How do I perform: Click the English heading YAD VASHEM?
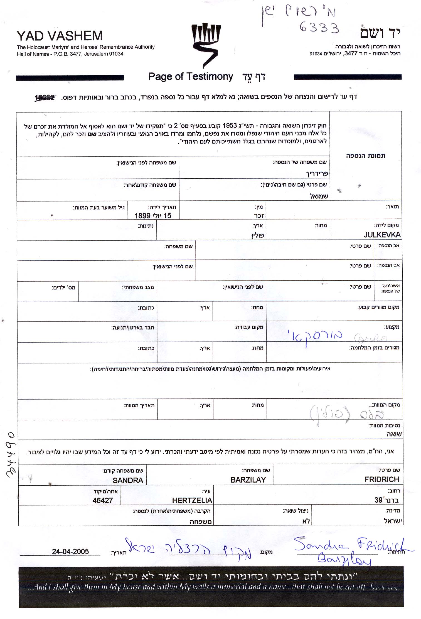coord(60,36)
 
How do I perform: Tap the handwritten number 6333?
coord(319,28)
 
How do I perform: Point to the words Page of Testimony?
coord(191,76)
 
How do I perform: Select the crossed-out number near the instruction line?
coord(45,98)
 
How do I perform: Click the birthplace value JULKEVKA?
coord(382,235)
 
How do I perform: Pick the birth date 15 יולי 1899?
coord(153,216)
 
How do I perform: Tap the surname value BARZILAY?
coord(248,480)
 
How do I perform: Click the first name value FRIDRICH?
coord(381,479)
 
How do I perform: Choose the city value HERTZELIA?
coord(192,500)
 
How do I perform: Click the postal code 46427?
coord(103,500)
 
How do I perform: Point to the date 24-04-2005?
coord(70,551)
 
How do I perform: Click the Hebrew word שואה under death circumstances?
coord(394,434)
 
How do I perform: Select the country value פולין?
coord(257,236)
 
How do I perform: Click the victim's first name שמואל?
coord(319,196)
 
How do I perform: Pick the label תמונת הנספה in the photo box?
coord(366,156)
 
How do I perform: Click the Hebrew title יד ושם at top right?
coord(380,33)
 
